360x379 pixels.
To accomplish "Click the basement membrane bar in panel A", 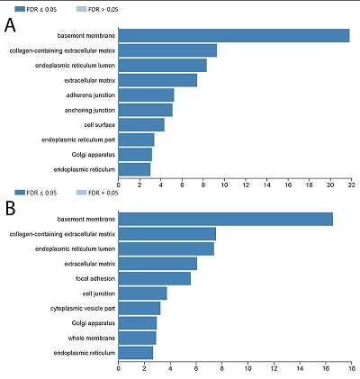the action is coord(234,36).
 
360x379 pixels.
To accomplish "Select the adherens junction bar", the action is coord(146,95).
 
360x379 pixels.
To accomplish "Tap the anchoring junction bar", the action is coord(146,110).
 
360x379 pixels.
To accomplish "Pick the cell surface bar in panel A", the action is coord(141,125).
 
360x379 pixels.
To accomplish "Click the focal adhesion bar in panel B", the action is coord(155,278).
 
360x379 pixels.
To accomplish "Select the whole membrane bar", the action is coord(137,338).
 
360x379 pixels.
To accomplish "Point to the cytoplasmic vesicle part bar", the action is coord(139,308).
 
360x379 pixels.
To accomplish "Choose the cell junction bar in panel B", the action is coord(142,293).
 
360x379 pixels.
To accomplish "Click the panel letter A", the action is coord(10,25).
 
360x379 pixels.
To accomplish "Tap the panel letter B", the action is coord(10,209).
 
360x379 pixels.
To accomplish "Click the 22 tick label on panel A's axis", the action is coord(352,185).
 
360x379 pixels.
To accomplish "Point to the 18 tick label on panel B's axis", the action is coord(352,368).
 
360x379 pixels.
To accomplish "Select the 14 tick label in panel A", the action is coord(266,185).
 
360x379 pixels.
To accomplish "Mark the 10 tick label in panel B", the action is coord(247,368).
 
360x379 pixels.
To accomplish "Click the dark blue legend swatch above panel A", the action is coord(20,9).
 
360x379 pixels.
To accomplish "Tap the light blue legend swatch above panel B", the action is coord(81,193).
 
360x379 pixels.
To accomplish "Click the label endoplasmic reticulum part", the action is coord(78,140).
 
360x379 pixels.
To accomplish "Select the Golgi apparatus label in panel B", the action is coord(94,323).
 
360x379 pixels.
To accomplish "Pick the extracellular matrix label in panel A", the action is coord(90,80).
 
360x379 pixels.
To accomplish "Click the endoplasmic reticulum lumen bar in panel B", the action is coord(166,248).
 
